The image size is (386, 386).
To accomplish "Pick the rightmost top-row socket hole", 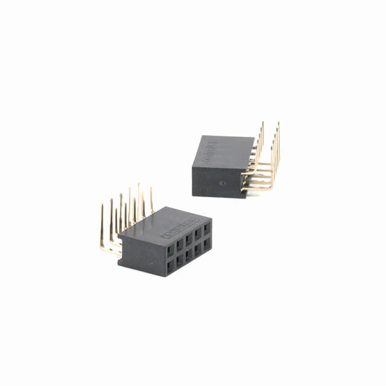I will pos(207,229).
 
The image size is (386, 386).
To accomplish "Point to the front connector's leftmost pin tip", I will pos(101,206).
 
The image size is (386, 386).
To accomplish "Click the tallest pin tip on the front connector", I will pos(138,185).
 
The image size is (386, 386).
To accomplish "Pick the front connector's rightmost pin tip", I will pos(151,189).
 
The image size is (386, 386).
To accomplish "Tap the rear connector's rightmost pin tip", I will pos(278,124).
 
